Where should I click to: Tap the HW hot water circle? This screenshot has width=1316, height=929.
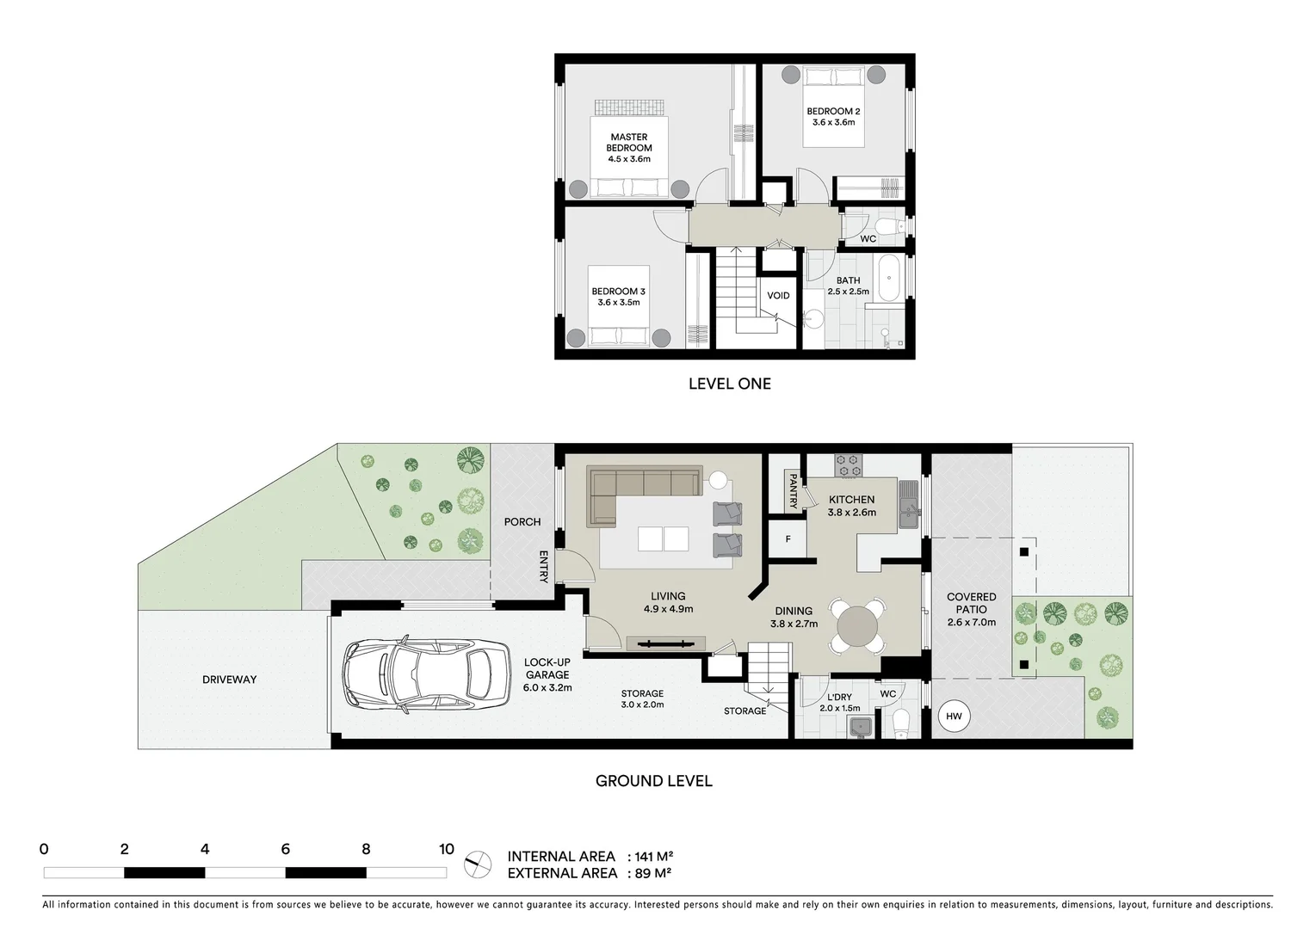pos(954,717)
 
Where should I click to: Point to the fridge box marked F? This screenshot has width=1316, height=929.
pos(788,540)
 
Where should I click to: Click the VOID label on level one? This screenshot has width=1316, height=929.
pos(778,296)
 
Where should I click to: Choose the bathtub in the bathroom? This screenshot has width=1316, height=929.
pos(889,277)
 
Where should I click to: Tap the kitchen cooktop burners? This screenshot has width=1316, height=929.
pos(849,465)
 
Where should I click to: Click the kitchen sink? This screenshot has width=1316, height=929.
pos(908,505)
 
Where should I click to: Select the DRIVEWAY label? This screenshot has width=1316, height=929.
pos(230,680)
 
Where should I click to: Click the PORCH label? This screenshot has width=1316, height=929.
pos(522,522)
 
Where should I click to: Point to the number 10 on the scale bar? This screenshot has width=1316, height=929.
pos(446,850)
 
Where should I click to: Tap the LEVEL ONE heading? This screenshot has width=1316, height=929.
pos(729,384)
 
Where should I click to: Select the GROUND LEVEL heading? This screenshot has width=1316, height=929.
pos(654,781)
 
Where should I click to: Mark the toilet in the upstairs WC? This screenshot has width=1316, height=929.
pos(895,228)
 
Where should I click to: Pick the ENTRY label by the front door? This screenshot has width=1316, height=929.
pos(544,567)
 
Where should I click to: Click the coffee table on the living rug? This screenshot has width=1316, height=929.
pos(663,539)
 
